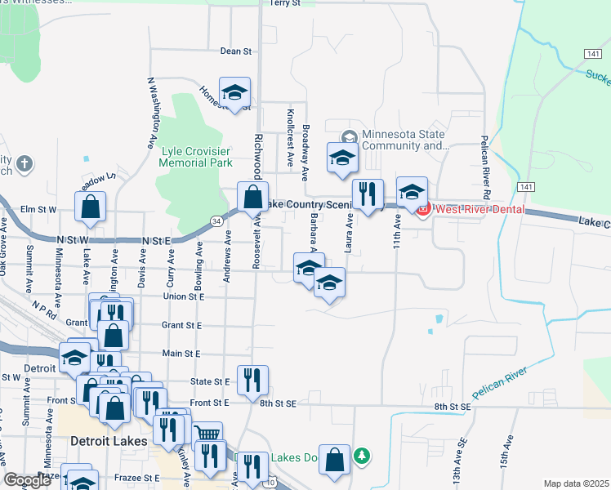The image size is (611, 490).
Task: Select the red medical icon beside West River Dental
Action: (x=423, y=211)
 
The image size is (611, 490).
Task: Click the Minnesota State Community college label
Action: (x=405, y=140)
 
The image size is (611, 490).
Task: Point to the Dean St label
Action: (x=236, y=51)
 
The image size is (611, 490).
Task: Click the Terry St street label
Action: (x=285, y=3)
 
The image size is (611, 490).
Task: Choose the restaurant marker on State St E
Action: (x=252, y=379)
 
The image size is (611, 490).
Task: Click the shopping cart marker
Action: (x=207, y=434)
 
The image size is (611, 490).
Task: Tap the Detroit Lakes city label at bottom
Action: (x=109, y=441)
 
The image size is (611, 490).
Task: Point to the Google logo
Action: (x=28, y=480)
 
